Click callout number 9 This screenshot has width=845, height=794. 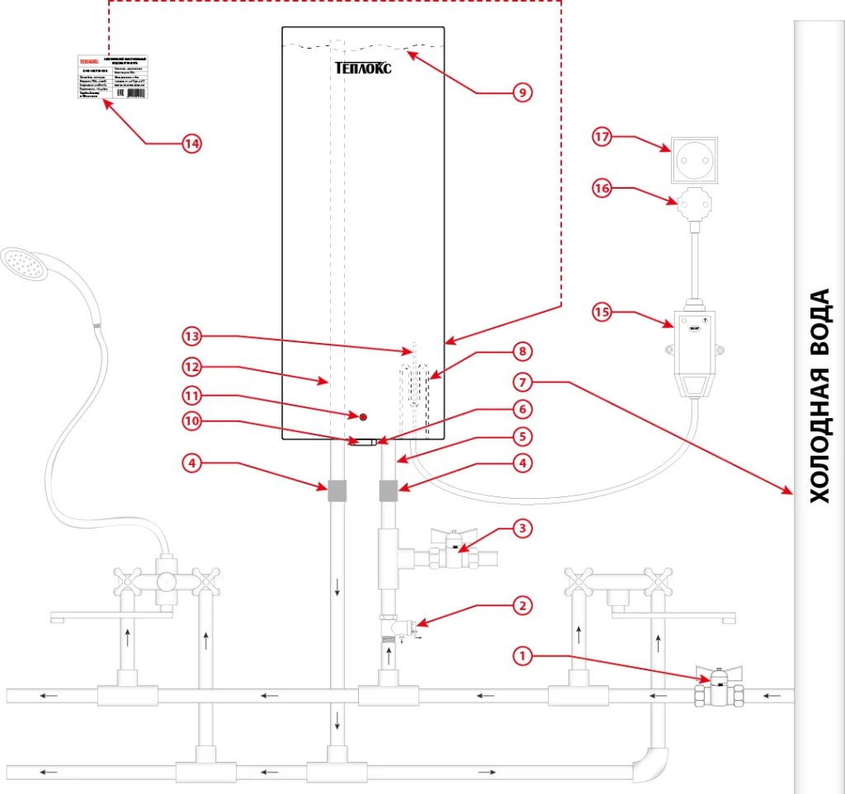click(521, 92)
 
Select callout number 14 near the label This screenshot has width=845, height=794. click(191, 143)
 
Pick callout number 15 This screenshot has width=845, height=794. click(602, 312)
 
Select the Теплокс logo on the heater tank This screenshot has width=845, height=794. click(363, 68)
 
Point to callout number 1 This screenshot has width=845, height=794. click(521, 656)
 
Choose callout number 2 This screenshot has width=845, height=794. click(521, 606)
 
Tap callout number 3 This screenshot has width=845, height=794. click(521, 527)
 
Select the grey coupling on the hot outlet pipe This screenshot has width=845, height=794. click(337, 491)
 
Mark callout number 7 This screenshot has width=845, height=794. click(521, 382)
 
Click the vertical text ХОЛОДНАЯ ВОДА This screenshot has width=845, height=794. click(819, 396)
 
